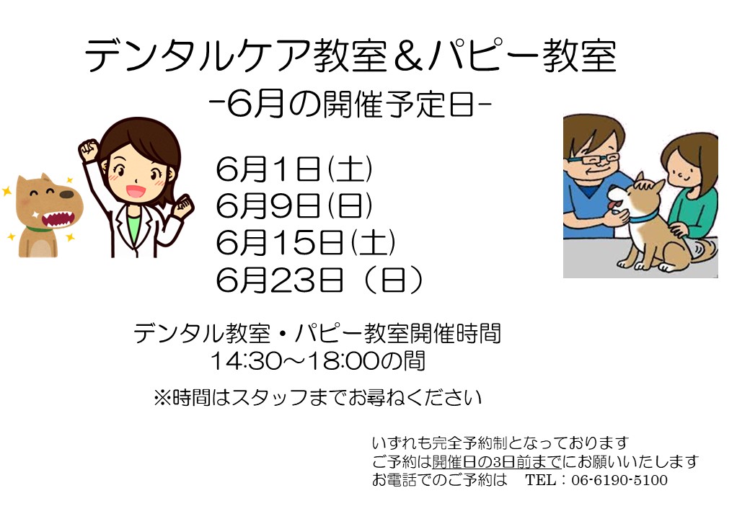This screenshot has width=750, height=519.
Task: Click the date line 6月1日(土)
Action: point(294,169)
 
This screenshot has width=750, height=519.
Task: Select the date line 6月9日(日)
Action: point(294,205)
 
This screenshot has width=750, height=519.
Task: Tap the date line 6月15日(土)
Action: point(306,242)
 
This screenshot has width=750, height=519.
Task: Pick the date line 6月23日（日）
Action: point(319,280)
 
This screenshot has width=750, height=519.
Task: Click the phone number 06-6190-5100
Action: point(619,480)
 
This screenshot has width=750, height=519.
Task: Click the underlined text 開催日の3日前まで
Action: point(496,461)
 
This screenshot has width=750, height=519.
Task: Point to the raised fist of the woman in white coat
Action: point(89,150)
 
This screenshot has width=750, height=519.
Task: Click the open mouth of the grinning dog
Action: point(58,220)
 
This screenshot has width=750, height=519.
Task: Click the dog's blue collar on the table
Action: point(643,218)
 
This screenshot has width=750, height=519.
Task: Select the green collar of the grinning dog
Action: point(39,229)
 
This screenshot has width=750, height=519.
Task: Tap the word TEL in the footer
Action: point(541,480)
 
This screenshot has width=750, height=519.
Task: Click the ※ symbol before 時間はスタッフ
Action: point(162,398)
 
